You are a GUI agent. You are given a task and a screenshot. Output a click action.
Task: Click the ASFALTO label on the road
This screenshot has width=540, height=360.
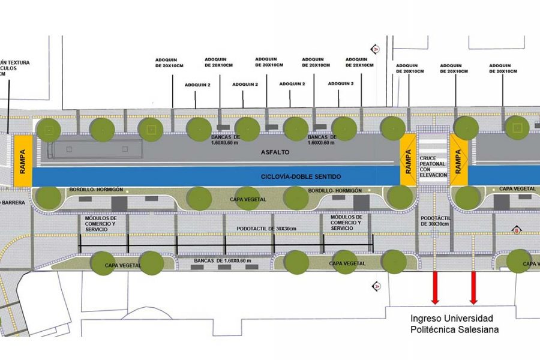click(275, 152)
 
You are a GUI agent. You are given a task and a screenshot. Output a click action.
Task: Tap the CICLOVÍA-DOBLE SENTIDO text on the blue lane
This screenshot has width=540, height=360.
click(301, 176)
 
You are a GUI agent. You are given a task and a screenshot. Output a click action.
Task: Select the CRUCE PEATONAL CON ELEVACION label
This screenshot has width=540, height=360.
click(434, 166)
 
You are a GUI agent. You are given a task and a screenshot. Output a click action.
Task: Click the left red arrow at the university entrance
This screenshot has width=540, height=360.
click(435, 287)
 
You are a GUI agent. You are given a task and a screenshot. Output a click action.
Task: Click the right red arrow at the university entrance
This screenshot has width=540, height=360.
click(473, 287)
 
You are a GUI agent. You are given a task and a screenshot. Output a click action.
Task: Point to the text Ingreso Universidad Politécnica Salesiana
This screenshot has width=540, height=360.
click(451, 323)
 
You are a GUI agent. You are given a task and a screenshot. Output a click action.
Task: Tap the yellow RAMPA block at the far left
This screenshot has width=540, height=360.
click(23, 161)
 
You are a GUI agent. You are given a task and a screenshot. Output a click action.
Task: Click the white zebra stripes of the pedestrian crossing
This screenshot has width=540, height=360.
click(433, 144)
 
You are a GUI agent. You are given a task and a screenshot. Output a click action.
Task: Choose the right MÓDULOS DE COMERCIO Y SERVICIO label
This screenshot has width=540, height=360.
click(347, 223)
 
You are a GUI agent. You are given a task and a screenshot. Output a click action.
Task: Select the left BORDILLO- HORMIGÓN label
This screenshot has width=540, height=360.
click(95, 189)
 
